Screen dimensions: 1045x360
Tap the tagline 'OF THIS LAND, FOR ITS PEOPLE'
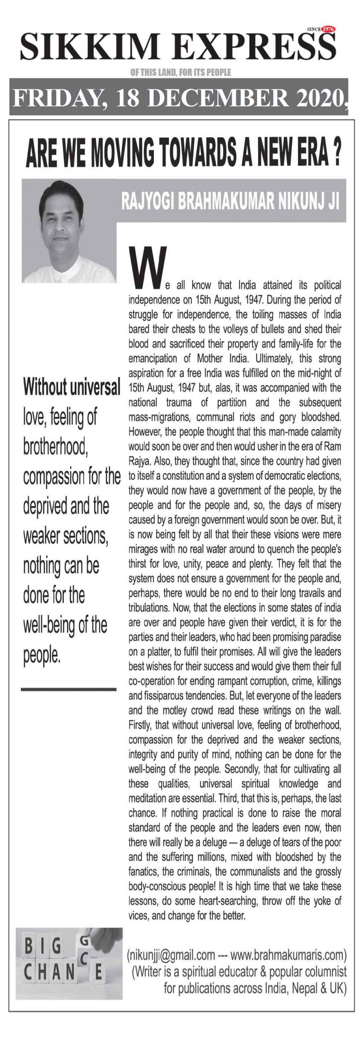pyautogui.click(x=180, y=73)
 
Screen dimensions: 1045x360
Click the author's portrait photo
pyautogui.click(x=69, y=231)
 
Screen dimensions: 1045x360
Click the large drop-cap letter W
pyautogui.click(x=148, y=266)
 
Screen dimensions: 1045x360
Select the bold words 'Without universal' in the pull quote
pyautogui.click(x=72, y=387)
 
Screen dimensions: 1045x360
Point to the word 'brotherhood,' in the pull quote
pyautogui.click(x=57, y=446)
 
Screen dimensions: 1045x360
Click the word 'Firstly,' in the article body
pyautogui.click(x=140, y=725)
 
